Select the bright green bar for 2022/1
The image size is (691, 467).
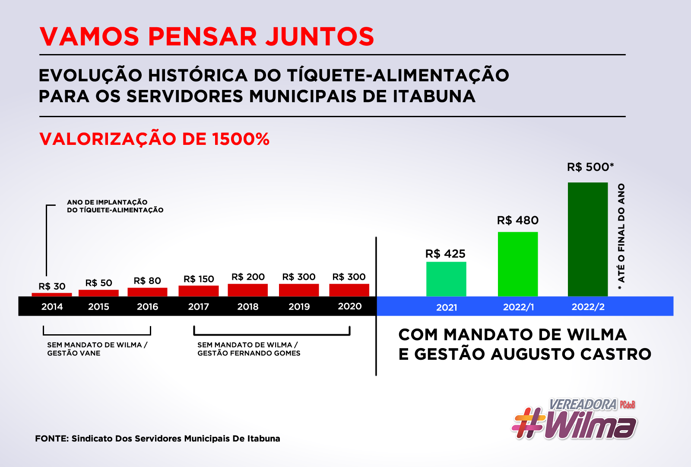(518, 264)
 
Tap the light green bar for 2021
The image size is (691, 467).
(446, 279)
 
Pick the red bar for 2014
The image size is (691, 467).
(52, 295)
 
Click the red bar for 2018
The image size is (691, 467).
(247, 290)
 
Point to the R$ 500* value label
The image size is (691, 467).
(590, 167)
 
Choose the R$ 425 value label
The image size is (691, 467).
(445, 254)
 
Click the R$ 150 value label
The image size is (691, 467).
(199, 279)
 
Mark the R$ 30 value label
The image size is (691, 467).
(52, 286)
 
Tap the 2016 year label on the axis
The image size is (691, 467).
(147, 307)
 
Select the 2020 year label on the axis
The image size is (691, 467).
(349, 306)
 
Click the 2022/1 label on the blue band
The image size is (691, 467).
(518, 307)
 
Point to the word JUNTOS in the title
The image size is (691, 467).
(320, 36)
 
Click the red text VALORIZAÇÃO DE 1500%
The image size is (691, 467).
(154, 139)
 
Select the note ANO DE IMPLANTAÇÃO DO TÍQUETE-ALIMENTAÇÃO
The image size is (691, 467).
(115, 206)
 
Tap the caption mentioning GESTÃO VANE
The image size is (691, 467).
(97, 349)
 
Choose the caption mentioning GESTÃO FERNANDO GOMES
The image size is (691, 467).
(249, 349)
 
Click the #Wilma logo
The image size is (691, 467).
(574, 419)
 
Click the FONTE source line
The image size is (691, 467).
(157, 438)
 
